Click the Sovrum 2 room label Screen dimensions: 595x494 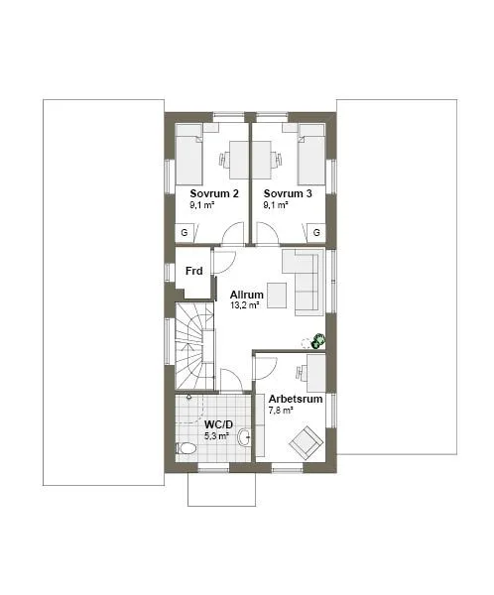tap(214, 193)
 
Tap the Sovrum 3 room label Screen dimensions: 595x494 tap(288, 193)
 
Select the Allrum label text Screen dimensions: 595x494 tap(246, 295)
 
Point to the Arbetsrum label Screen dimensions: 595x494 tap(296, 400)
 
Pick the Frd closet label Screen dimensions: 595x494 tap(194, 271)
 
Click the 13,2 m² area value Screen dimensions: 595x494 tap(244, 306)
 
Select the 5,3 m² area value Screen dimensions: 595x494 tap(217, 435)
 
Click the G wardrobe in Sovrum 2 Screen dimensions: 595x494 tap(185, 232)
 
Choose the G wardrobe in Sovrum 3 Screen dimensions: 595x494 tap(316, 232)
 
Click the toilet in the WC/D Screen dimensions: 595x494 tap(186, 448)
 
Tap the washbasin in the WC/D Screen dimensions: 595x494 tap(243, 437)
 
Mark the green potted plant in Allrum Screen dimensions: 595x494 tap(318, 341)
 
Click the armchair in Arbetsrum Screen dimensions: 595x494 tap(306, 441)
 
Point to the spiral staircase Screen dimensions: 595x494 tap(194, 347)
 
